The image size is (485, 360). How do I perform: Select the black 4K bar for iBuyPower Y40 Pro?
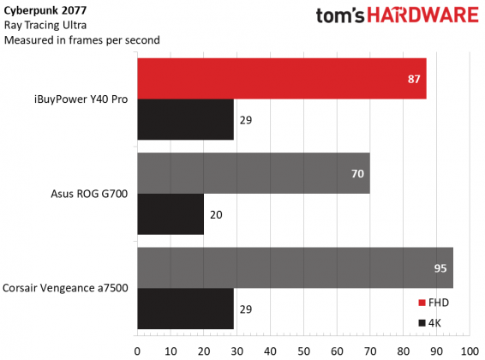(x=185, y=120)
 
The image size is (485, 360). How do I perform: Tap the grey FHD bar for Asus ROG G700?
(x=253, y=173)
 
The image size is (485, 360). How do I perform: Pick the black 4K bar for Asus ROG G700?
(x=171, y=214)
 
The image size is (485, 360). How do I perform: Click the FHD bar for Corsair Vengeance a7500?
(x=295, y=267)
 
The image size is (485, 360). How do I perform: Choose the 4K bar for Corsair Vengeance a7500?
(x=185, y=309)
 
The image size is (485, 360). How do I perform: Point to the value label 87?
(x=413, y=79)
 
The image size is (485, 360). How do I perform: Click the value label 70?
(x=356, y=173)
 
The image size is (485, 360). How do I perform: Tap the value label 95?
(x=440, y=267)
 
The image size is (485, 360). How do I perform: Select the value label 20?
(x=216, y=214)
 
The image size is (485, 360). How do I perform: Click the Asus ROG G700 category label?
(x=90, y=194)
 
